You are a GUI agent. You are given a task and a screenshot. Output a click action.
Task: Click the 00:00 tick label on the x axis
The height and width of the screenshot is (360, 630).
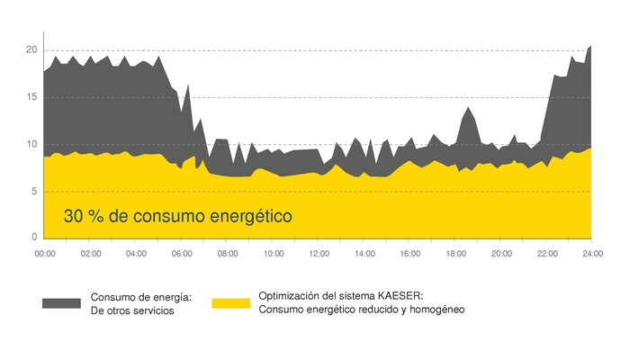tap(45, 255)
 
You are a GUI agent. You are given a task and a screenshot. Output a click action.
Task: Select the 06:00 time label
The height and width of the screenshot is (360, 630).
tap(182, 255)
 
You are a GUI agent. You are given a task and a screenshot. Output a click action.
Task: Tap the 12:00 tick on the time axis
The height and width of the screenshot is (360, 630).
tap(319, 255)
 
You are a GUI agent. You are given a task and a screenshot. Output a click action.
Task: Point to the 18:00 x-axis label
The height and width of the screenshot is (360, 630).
tap(455, 255)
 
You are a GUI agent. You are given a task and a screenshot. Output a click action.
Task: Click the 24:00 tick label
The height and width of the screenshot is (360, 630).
tap(591, 255)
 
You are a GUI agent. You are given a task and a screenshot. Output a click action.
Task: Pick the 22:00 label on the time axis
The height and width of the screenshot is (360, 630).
tap(546, 255)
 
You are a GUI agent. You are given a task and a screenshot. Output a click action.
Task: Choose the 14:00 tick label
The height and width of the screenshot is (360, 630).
tap(364, 255)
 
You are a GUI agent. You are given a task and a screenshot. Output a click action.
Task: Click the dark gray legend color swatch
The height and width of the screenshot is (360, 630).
tap(62, 303)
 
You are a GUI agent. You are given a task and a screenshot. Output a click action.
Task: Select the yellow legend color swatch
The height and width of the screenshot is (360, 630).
tap(230, 303)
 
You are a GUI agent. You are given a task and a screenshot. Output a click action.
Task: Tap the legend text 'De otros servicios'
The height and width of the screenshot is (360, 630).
tap(132, 311)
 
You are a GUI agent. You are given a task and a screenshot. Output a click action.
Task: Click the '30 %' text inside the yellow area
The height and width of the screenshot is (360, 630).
tap(85, 217)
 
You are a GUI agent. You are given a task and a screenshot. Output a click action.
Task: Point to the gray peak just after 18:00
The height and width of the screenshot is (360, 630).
tap(468, 109)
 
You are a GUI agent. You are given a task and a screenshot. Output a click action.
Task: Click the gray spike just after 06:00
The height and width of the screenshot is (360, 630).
tap(188, 87)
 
